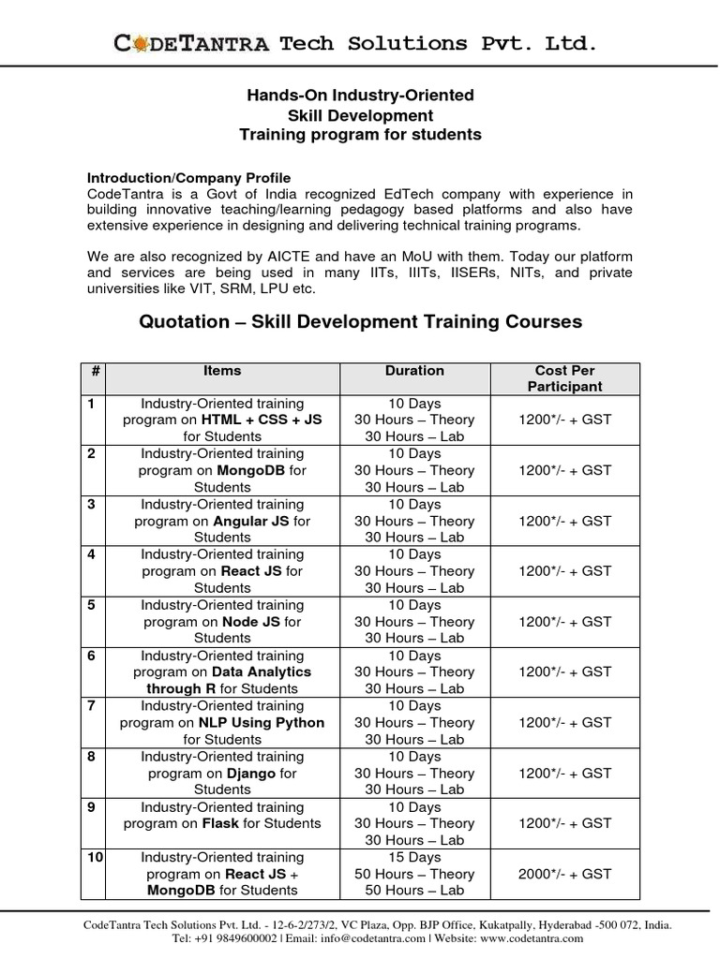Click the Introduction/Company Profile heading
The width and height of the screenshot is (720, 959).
188,177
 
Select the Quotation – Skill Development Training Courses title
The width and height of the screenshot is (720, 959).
360,322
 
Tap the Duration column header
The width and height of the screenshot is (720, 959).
414,371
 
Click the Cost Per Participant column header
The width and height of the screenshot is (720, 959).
564,378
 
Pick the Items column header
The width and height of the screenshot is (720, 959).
222,371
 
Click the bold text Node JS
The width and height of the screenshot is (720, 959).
248,622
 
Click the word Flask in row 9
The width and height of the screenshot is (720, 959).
220,824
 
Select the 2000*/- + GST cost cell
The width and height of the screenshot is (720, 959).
564,874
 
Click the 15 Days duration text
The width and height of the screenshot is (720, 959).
414,857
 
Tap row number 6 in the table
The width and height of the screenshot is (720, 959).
92,656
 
